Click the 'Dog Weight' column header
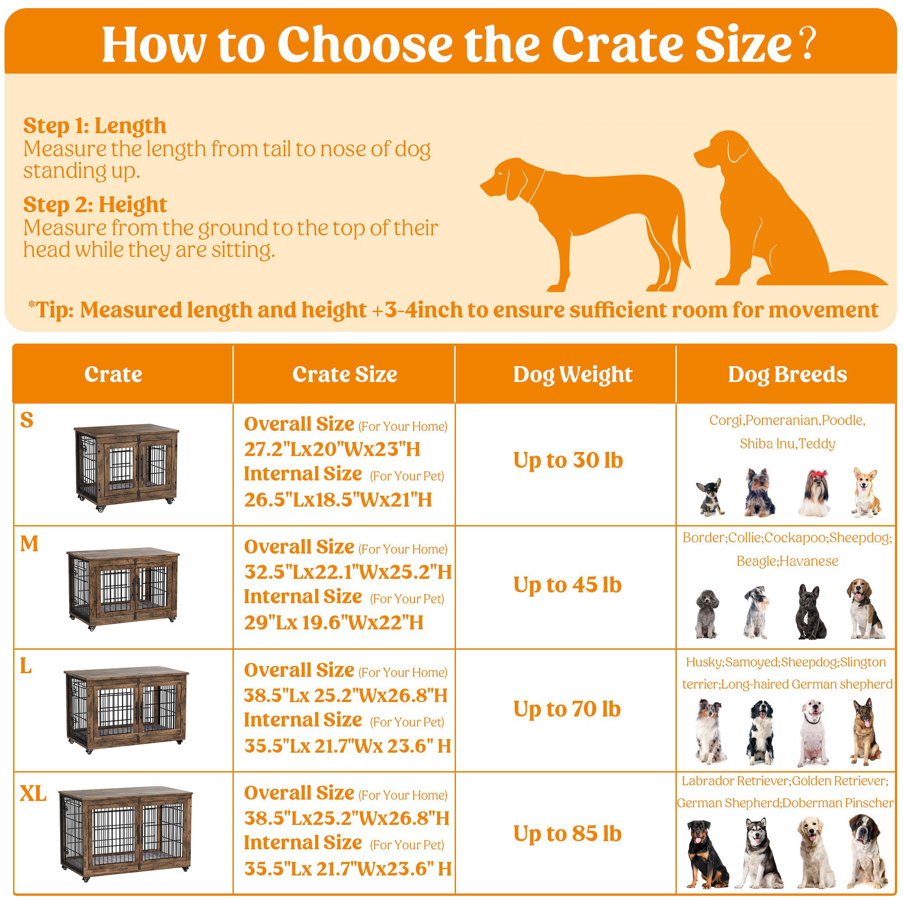pyautogui.click(x=573, y=374)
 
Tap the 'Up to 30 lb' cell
pyautogui.click(x=568, y=460)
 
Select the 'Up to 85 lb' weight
pyautogui.click(x=568, y=833)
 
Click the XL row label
pyautogui.click(x=33, y=794)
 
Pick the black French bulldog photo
pyautogui.click(x=810, y=612)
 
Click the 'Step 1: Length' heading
pyautogui.click(x=95, y=126)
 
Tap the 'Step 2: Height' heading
pyautogui.click(x=95, y=205)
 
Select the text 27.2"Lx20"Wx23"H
pyautogui.click(x=332, y=449)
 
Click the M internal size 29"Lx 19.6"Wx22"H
pyautogui.click(x=334, y=623)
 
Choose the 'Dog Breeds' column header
pyautogui.click(x=787, y=374)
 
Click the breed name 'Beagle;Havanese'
pyautogui.click(x=787, y=561)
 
